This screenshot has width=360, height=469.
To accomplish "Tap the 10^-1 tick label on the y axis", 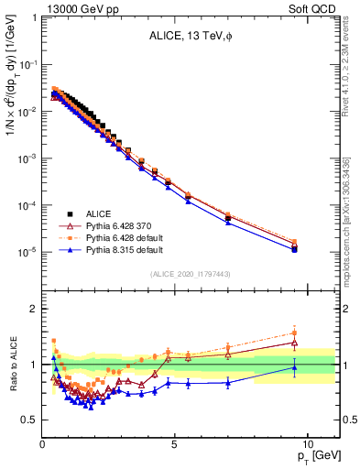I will [x=27, y=64].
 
